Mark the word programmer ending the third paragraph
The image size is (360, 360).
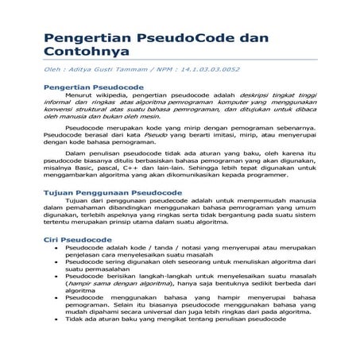click(281, 192)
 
